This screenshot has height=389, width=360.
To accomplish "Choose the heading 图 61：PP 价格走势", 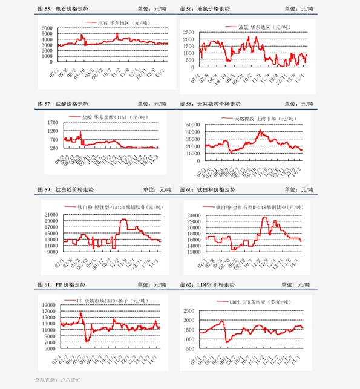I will click(x=61, y=284).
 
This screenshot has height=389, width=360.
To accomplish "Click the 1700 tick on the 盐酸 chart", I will click(x=51, y=122).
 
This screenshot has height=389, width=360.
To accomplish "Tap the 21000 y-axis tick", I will click(x=50, y=215).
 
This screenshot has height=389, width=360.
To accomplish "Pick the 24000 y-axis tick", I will click(x=194, y=215).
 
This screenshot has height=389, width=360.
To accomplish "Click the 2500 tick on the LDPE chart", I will click(x=189, y=310).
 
